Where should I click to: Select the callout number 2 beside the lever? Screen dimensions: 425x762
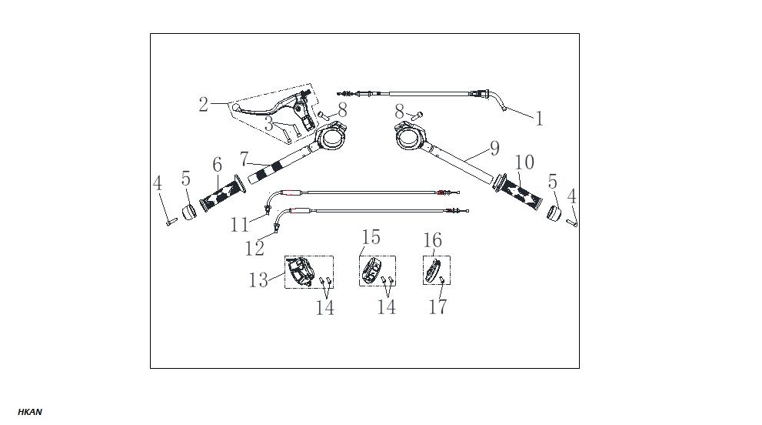203,105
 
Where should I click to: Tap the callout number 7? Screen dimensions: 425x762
244,160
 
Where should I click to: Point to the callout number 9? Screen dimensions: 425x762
494,147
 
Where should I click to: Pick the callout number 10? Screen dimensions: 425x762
525,163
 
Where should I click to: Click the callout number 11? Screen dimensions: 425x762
239,224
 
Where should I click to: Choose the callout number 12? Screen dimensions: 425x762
255,248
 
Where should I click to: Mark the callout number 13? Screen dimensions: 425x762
259,279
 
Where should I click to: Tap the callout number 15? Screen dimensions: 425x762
371,236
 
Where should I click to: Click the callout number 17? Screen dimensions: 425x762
438,306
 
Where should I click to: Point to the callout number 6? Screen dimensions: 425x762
217,165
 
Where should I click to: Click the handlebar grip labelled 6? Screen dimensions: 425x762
220,194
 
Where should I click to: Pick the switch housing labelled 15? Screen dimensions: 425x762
373,269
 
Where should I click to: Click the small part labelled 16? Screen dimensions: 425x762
434,270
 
